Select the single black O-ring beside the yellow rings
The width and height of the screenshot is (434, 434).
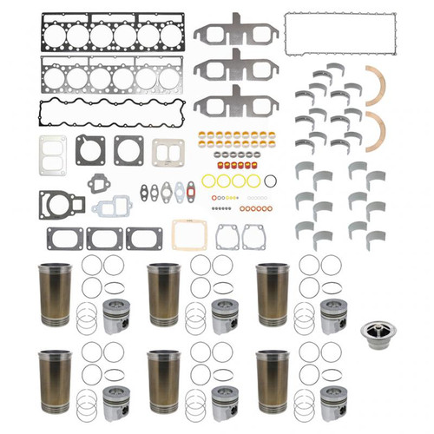pyautogui.click(x=270, y=181)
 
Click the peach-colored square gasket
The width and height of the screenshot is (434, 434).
pyautogui.click(x=188, y=233)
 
